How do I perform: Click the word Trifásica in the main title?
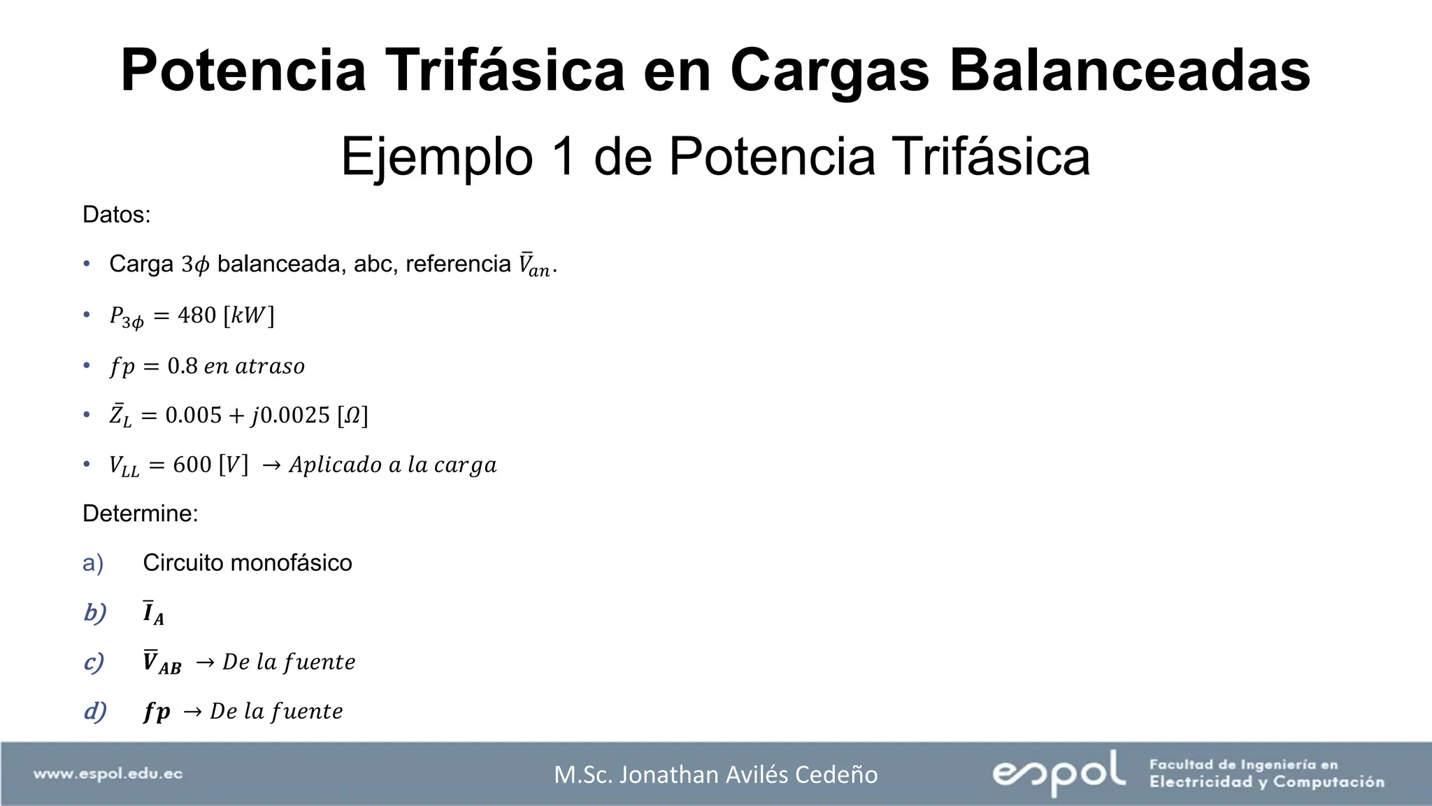(506, 70)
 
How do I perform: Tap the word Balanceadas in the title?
(1129, 70)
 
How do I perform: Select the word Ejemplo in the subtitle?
(438, 157)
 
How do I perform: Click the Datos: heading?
(116, 214)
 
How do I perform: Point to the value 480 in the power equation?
(196, 316)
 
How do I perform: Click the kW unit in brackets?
(249, 316)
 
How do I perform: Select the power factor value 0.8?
(182, 366)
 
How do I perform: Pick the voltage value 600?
(192, 465)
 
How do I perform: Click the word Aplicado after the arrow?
(335, 465)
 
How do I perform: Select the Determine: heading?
(140, 514)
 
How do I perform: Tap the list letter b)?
(94, 613)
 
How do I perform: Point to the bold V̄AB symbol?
(162, 662)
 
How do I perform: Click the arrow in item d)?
(192, 712)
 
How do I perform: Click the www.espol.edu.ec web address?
(108, 774)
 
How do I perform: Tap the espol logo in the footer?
(1058, 772)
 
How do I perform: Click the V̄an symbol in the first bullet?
(534, 265)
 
